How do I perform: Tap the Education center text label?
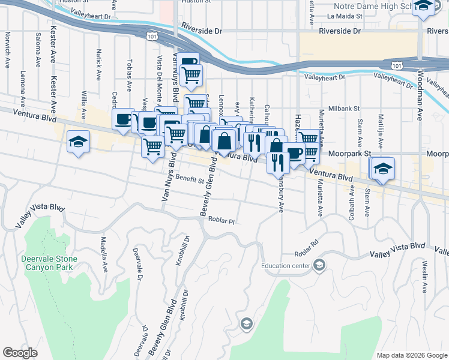pos(286,265)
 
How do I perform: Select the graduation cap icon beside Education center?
pos(319,265)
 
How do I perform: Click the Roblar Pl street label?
pos(221,221)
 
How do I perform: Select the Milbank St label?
pos(343,109)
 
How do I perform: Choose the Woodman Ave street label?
pos(423,85)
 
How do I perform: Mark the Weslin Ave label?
pos(424,275)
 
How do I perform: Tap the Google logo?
pos(20,353)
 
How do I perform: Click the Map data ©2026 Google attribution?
pos(411,355)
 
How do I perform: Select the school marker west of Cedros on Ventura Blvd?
pos(78,143)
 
